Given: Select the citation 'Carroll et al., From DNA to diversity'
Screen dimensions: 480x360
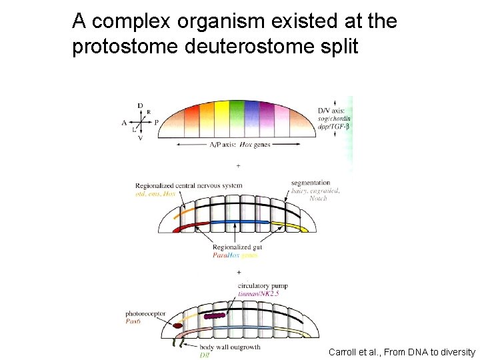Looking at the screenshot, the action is point(402,351).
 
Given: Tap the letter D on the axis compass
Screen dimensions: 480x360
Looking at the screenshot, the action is point(140,105).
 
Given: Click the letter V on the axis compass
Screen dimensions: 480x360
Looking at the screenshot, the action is point(140,139).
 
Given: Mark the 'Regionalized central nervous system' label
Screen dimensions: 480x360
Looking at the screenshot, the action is point(189,185).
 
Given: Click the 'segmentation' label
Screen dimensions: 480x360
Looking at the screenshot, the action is point(311,183).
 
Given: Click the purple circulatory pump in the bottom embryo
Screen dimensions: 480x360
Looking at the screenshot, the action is point(215,316).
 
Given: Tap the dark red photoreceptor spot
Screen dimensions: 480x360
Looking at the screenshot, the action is point(178,326).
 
